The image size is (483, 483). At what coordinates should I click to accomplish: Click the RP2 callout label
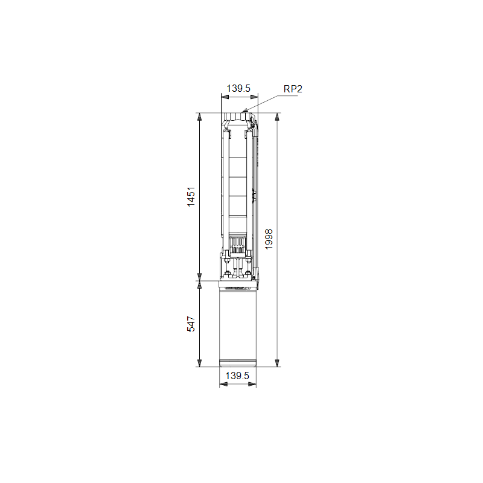293,89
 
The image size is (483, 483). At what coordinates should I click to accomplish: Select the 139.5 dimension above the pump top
238,88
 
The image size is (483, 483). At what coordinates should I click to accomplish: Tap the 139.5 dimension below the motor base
237,376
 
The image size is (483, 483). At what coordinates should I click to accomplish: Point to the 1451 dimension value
191,197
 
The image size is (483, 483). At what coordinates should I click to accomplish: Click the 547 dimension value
191,324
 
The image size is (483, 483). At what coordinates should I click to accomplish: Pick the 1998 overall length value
269,239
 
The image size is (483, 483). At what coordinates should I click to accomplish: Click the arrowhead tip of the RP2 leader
243,112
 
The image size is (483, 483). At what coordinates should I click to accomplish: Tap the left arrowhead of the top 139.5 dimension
225,97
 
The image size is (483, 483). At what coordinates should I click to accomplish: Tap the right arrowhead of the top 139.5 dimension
254,97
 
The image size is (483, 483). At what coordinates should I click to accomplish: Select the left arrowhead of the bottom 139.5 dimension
223,384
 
